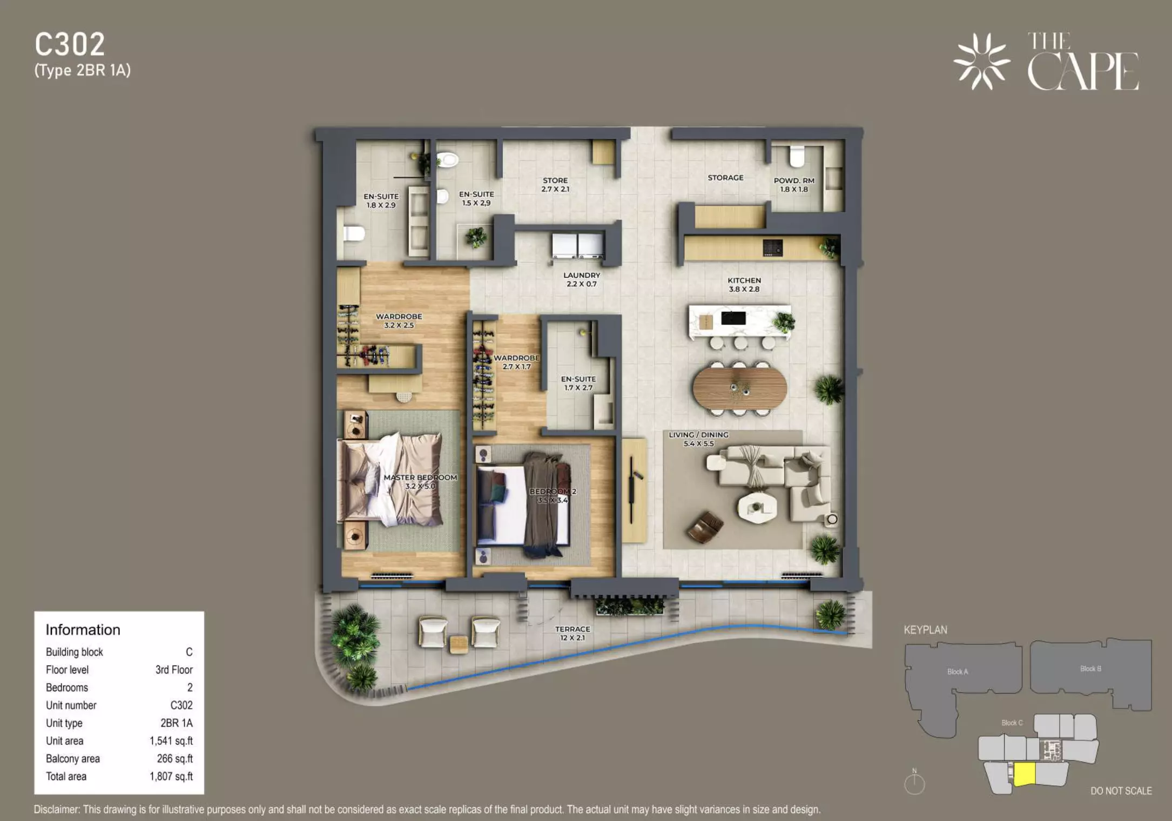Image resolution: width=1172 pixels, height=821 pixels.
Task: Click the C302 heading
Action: coord(70,44)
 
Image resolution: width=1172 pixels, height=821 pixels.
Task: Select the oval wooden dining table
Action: coord(739,387)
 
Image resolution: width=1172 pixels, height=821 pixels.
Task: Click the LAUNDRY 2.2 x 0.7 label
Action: coord(582,279)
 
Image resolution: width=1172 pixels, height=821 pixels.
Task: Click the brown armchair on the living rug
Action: coord(705,526)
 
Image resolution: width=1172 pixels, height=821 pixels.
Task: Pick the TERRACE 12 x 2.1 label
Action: coord(572,633)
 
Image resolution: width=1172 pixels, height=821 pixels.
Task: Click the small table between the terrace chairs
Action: coord(459,643)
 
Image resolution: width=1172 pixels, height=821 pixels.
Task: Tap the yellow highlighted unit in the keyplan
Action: coord(1024,773)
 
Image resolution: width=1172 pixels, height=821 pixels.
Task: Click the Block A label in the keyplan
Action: coord(957,671)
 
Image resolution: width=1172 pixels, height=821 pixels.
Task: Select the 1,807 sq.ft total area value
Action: coord(171,776)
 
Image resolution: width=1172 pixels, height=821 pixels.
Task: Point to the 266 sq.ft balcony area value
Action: coord(174,758)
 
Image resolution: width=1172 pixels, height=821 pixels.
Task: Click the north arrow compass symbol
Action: coord(914,783)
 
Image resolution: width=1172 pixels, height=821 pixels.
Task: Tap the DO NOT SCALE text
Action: coord(1121,791)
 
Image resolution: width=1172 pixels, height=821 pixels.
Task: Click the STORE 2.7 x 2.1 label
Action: coord(555,185)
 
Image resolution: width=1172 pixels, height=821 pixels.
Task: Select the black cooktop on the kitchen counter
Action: coord(772,247)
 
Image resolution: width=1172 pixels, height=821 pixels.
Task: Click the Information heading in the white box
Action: coord(83,630)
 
